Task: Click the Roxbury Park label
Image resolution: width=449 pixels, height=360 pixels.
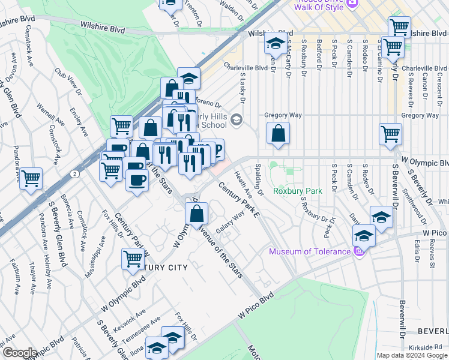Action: (x=298, y=191)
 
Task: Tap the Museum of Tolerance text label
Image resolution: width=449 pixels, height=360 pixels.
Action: (x=309, y=251)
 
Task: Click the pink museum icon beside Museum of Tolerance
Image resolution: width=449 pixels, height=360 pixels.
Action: (x=360, y=251)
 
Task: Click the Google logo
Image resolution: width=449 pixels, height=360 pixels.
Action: (x=19, y=353)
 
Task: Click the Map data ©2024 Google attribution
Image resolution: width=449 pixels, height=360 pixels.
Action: (x=411, y=355)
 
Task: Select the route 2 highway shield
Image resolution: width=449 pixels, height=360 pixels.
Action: (x=73, y=173)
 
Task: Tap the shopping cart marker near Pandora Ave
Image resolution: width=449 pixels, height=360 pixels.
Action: (x=31, y=178)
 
